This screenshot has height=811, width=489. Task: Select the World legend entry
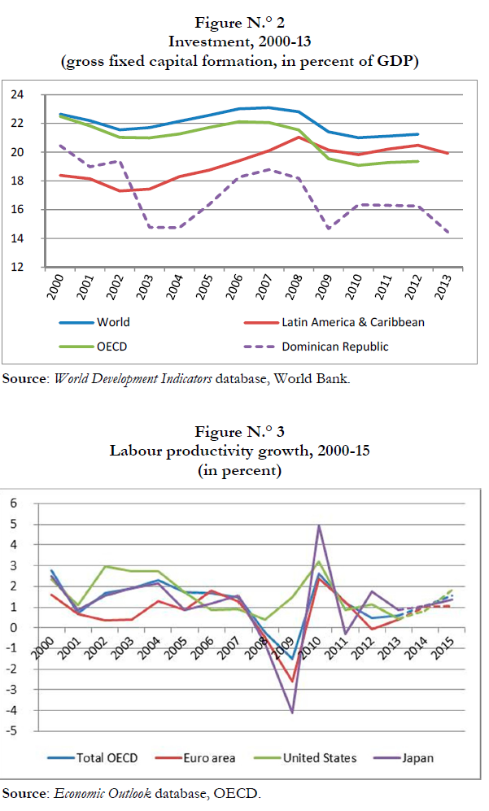coord(112,321)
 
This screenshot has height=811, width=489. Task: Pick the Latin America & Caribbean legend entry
coord(353,321)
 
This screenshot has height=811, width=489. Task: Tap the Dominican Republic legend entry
coord(334,346)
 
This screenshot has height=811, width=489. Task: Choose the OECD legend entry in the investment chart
coord(112,346)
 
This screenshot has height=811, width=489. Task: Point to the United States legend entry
coord(319,758)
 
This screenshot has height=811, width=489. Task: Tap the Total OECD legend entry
coord(107,758)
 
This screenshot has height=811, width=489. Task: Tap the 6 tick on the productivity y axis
coord(13,503)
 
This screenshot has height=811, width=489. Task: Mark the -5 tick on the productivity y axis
coord(11,731)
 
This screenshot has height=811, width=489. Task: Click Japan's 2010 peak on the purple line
coord(318,525)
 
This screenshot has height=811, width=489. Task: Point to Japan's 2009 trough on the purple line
coord(292,713)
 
